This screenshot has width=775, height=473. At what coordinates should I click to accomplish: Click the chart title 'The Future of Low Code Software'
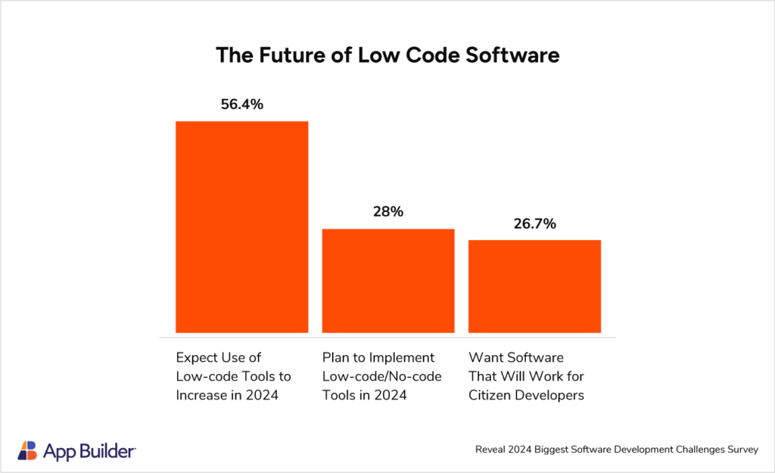point(387,55)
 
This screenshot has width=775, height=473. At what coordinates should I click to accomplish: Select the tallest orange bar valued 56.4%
point(241,226)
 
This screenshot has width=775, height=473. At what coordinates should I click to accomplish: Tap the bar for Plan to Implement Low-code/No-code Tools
point(388,280)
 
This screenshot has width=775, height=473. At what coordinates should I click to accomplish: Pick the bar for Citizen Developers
point(534,286)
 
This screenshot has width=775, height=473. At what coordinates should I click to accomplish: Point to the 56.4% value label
point(241,105)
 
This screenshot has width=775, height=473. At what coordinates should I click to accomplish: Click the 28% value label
point(388,213)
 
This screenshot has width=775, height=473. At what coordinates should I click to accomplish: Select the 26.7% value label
point(534,224)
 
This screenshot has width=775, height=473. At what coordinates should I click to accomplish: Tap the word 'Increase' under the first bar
point(201,395)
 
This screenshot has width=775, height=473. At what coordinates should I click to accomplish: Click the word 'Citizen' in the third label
point(490,395)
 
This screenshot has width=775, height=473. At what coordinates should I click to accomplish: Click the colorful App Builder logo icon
point(28,450)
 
